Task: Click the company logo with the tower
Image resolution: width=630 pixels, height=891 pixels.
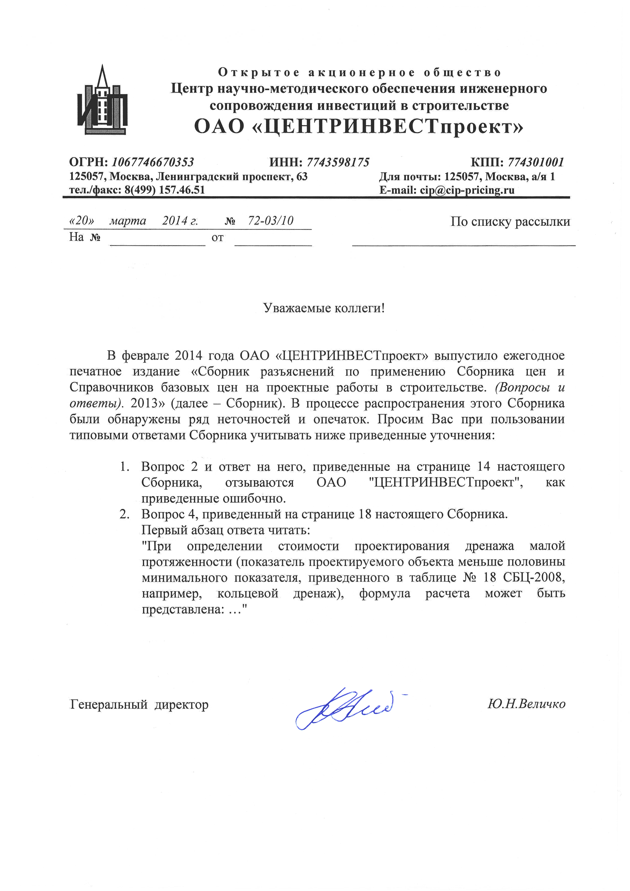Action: point(102,100)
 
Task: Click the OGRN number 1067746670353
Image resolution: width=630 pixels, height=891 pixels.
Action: point(153,162)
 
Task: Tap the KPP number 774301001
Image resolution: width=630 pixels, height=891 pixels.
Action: point(536,162)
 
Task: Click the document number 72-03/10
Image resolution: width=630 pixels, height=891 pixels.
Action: point(271,221)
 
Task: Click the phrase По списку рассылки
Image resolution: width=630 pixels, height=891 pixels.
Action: point(510,221)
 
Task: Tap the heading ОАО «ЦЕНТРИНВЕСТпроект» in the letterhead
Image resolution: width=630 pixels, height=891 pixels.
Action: point(359,126)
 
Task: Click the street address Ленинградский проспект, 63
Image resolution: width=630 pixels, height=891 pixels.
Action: point(232,177)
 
